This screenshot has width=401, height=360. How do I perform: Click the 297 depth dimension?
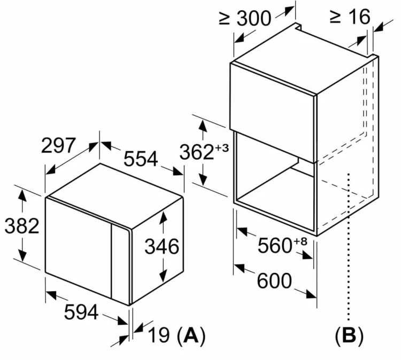[59, 145]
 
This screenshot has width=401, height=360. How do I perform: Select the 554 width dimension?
[141, 159]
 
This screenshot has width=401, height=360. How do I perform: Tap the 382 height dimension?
[22, 226]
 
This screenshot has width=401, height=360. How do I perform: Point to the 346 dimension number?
[162, 247]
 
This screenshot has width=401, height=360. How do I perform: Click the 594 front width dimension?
[81, 312]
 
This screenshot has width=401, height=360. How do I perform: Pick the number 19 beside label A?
[159, 335]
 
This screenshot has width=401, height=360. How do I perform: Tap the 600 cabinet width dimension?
[274, 281]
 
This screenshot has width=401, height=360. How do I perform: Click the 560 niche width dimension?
[275, 246]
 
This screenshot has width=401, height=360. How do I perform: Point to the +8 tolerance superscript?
[300, 241]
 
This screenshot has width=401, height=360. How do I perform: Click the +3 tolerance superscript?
[222, 148]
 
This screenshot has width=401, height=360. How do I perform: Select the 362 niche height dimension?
[197, 152]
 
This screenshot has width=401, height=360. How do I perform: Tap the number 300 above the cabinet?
[253, 18]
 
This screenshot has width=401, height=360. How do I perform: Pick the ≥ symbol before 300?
[224, 19]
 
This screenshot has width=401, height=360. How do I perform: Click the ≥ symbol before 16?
[335, 17]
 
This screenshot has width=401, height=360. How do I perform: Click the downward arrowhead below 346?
[163, 276]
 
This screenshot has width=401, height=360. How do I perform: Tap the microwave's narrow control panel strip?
[120, 263]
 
